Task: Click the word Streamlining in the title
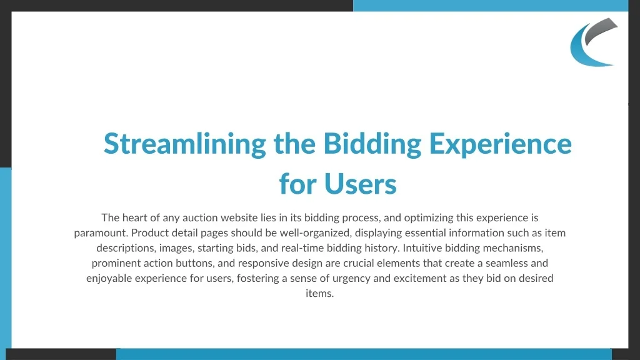coord(185,144)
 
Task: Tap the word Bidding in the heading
coord(372,144)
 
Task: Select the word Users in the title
coord(361,184)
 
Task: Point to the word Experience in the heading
coord(501,144)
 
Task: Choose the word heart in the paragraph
coord(135,217)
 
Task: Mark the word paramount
coord(101,233)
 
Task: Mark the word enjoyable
coord(109,278)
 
